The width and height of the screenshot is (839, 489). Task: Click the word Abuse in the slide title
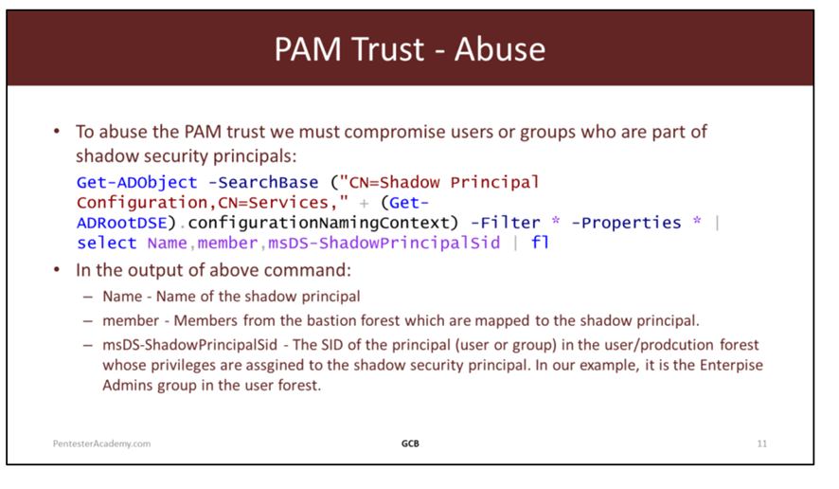[x=500, y=49]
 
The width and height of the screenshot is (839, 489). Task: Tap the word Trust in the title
[x=388, y=49]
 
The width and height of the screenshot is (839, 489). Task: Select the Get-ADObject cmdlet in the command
[x=137, y=183]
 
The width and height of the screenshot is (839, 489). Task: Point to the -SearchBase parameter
[x=262, y=183]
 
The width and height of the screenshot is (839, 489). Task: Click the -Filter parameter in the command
[x=505, y=223]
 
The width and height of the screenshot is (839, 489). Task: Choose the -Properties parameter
[x=626, y=223]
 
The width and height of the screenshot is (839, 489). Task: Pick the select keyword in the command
[x=106, y=244]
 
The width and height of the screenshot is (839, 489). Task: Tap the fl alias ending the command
[x=540, y=244]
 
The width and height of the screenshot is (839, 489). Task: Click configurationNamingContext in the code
[x=318, y=223]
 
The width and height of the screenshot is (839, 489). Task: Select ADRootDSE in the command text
[x=122, y=223]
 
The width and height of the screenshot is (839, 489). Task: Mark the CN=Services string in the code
[x=273, y=203]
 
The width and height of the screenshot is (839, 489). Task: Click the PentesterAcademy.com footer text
[x=101, y=444]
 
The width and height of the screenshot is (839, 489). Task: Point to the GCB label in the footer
[x=410, y=444]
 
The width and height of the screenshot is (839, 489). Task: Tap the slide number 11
[x=762, y=444]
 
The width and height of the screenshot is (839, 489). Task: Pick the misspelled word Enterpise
[x=731, y=365]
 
